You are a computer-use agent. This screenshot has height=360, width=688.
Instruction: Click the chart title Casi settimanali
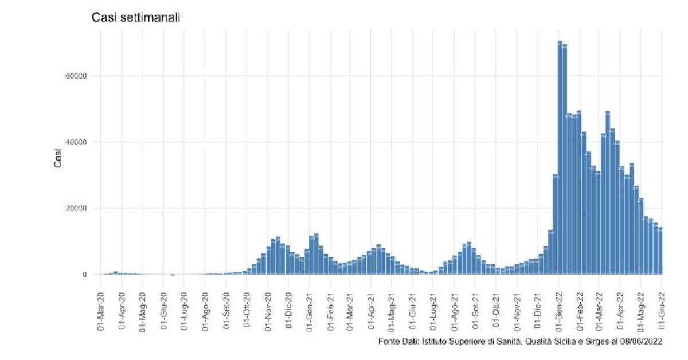point(136,18)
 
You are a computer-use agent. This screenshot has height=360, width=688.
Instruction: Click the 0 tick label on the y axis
point(83,275)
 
